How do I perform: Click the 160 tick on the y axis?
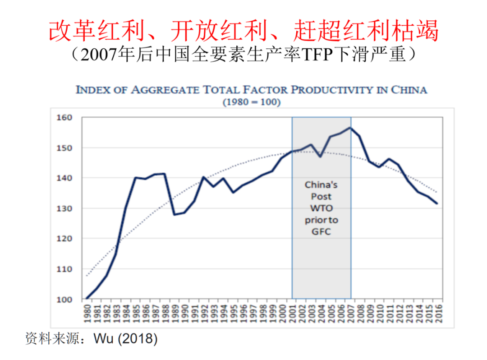(64, 118)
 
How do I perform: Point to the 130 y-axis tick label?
(64, 208)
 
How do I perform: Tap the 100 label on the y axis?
(64, 300)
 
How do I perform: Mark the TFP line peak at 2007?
(350, 128)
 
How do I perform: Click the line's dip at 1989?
(175, 214)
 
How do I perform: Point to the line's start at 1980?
(87, 298)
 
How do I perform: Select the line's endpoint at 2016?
(436, 203)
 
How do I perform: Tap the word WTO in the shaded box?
(321, 208)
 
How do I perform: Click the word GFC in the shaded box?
(321, 232)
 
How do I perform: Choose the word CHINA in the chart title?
(409, 89)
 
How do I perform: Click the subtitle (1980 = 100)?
(252, 102)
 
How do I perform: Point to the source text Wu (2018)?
(125, 338)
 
